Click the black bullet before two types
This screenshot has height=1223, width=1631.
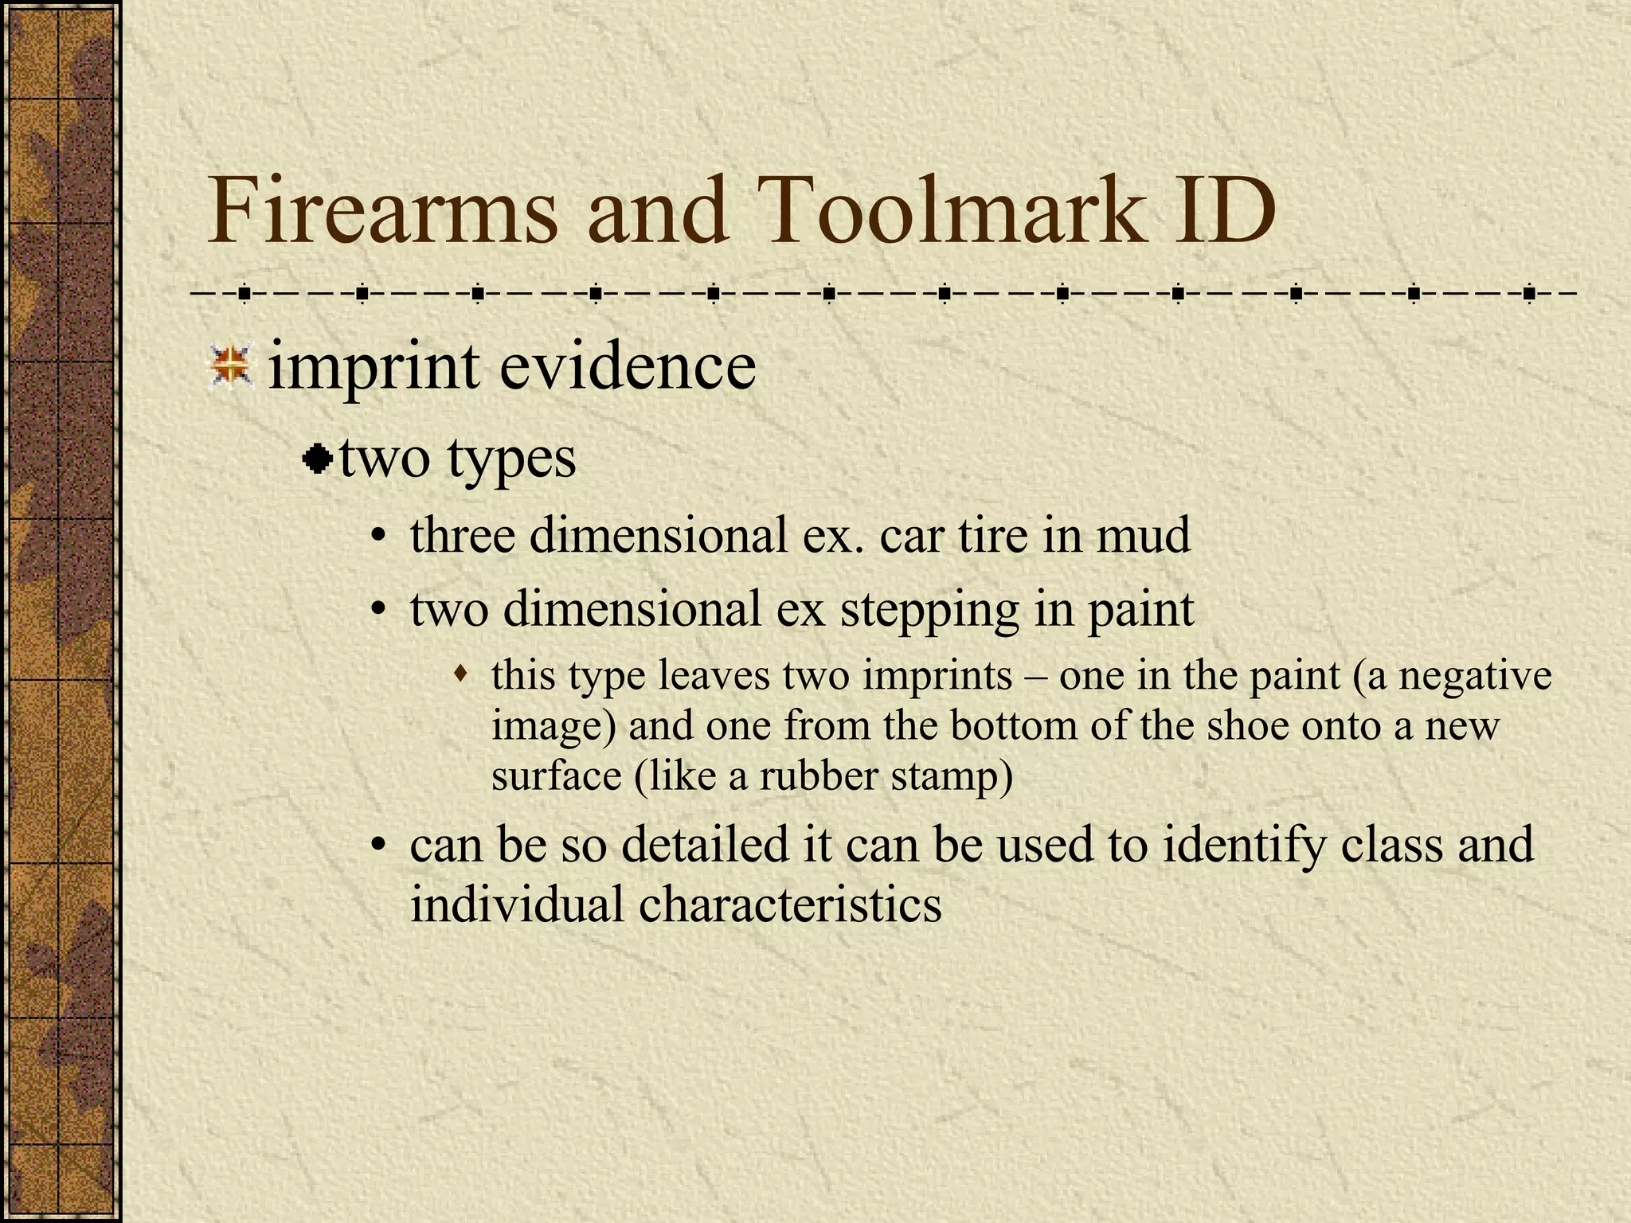319,459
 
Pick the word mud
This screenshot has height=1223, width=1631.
1143,535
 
